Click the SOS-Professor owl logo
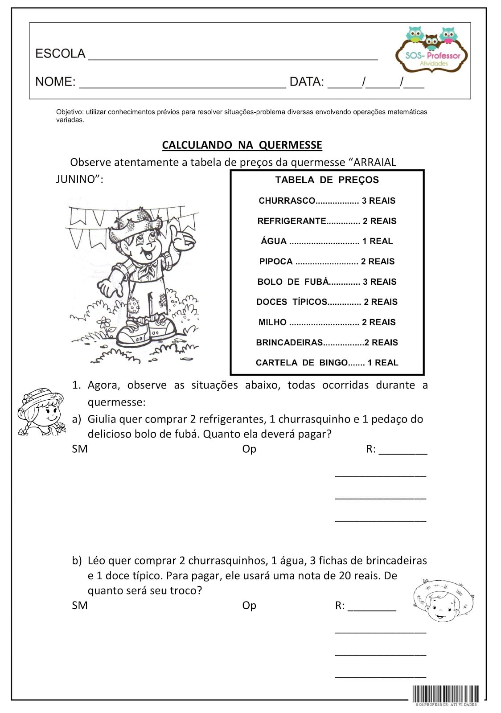pyautogui.click(x=431, y=49)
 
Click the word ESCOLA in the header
pyautogui.click(x=60, y=54)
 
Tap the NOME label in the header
pyautogui.click(x=55, y=82)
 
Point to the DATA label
pyautogui.click(x=307, y=82)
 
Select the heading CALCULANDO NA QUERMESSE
pyautogui.click(x=242, y=145)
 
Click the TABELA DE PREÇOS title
pyautogui.click(x=327, y=180)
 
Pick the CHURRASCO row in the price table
pyautogui.click(x=327, y=201)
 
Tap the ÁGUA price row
pyautogui.click(x=327, y=242)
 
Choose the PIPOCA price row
pyautogui.click(x=327, y=262)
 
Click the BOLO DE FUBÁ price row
pyautogui.click(x=327, y=282)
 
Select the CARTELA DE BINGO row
pyautogui.click(x=327, y=363)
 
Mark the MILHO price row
pyautogui.click(x=327, y=322)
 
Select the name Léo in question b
pyautogui.click(x=97, y=561)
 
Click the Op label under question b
pyautogui.click(x=249, y=606)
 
